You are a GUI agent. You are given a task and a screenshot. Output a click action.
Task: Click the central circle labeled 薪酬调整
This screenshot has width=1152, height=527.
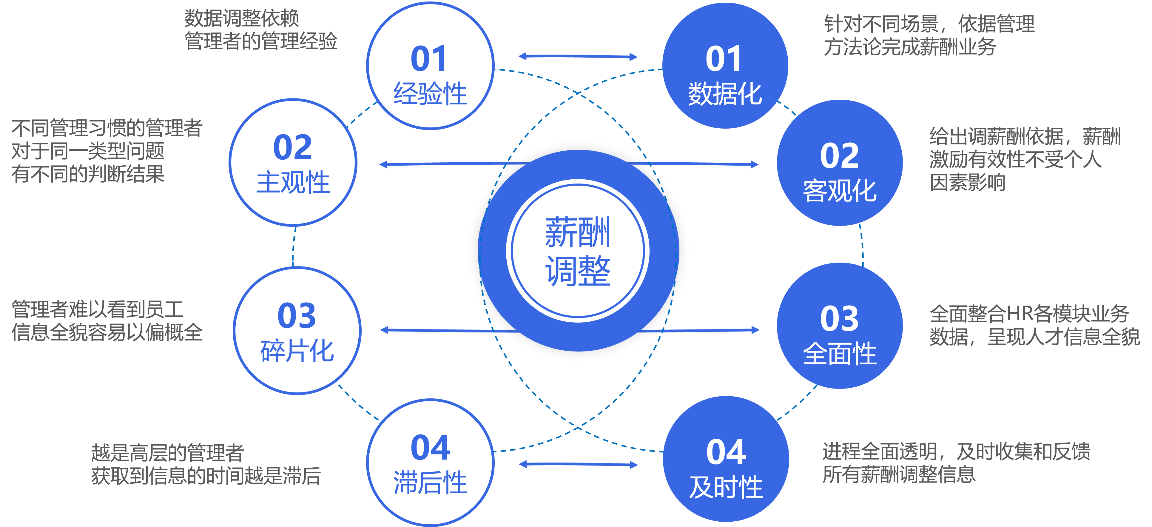578,251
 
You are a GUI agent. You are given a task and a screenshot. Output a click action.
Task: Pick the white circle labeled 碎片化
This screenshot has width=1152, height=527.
297,331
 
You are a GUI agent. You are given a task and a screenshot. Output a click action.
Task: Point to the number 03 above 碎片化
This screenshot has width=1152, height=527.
297,316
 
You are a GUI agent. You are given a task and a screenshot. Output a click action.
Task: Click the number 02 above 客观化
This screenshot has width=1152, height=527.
839,156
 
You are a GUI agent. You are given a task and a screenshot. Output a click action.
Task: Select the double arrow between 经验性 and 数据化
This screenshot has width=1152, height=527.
578,56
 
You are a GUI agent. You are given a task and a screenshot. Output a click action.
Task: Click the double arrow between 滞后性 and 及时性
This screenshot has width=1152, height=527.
578,464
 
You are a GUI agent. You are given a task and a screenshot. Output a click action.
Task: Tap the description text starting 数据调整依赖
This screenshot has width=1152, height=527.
261,30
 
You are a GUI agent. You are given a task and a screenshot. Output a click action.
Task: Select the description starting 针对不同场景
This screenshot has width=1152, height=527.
929,35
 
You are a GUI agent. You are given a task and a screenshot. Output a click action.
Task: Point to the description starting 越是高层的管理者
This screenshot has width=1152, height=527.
206,464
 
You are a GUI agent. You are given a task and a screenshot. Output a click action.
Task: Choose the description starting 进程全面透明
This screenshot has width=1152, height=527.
956,463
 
